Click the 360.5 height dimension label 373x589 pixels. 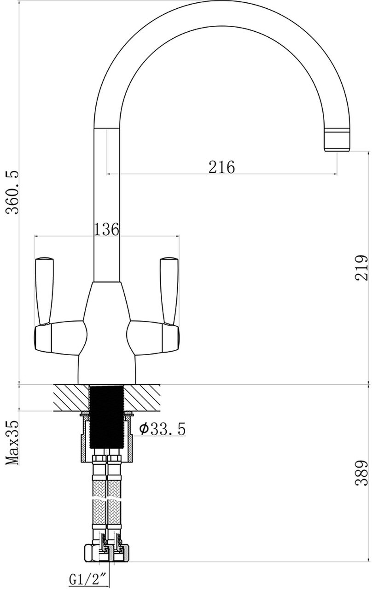tap(13, 192)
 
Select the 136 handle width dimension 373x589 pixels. tap(106, 229)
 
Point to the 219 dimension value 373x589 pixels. tap(361, 267)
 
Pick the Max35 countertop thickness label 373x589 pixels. tap(12, 443)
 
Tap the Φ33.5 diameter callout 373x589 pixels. tap(162, 429)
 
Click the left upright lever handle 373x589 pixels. tap(45, 291)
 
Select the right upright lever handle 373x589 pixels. tap(169, 291)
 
